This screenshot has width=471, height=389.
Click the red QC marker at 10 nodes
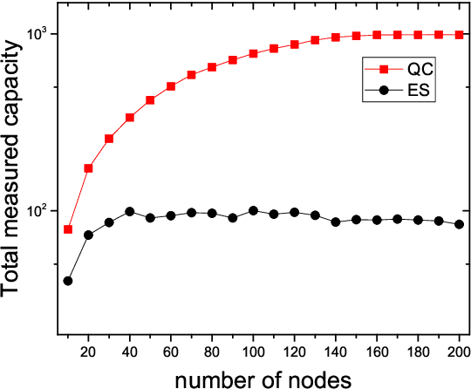[68, 229]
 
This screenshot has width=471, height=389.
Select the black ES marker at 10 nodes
[68, 281]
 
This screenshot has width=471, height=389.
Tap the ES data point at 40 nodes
[129, 212]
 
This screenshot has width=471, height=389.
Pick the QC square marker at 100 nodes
[253, 54]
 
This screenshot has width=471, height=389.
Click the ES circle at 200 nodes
[459, 224]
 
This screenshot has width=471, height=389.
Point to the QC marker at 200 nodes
[459, 35]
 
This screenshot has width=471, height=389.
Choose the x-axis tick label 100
[253, 351]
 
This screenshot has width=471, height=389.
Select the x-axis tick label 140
[336, 351]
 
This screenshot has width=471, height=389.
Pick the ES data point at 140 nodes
[336, 222]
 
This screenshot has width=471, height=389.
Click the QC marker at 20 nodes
[88, 168]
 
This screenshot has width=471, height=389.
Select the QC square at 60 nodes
[171, 86]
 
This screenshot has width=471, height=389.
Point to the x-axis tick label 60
[171, 351]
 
